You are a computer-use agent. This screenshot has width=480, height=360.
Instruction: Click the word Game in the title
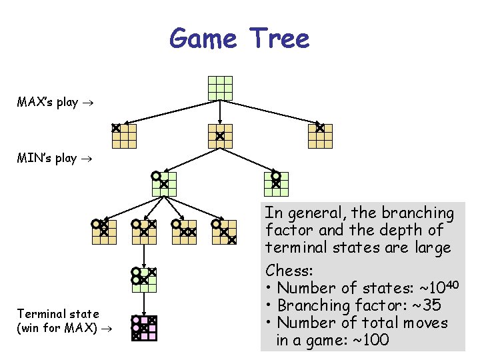click(203, 39)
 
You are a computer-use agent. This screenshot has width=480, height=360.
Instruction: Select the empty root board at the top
click(220, 88)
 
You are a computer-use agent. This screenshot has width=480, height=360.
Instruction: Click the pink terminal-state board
click(144, 328)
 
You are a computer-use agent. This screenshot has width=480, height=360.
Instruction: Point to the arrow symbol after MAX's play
click(87, 103)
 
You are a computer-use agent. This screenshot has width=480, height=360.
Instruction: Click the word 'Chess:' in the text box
click(289, 271)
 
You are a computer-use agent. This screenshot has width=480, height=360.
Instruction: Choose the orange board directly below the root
click(220, 136)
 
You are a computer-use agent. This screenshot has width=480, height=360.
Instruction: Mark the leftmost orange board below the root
click(124, 136)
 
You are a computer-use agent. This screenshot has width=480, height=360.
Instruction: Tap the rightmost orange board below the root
click(320, 136)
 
